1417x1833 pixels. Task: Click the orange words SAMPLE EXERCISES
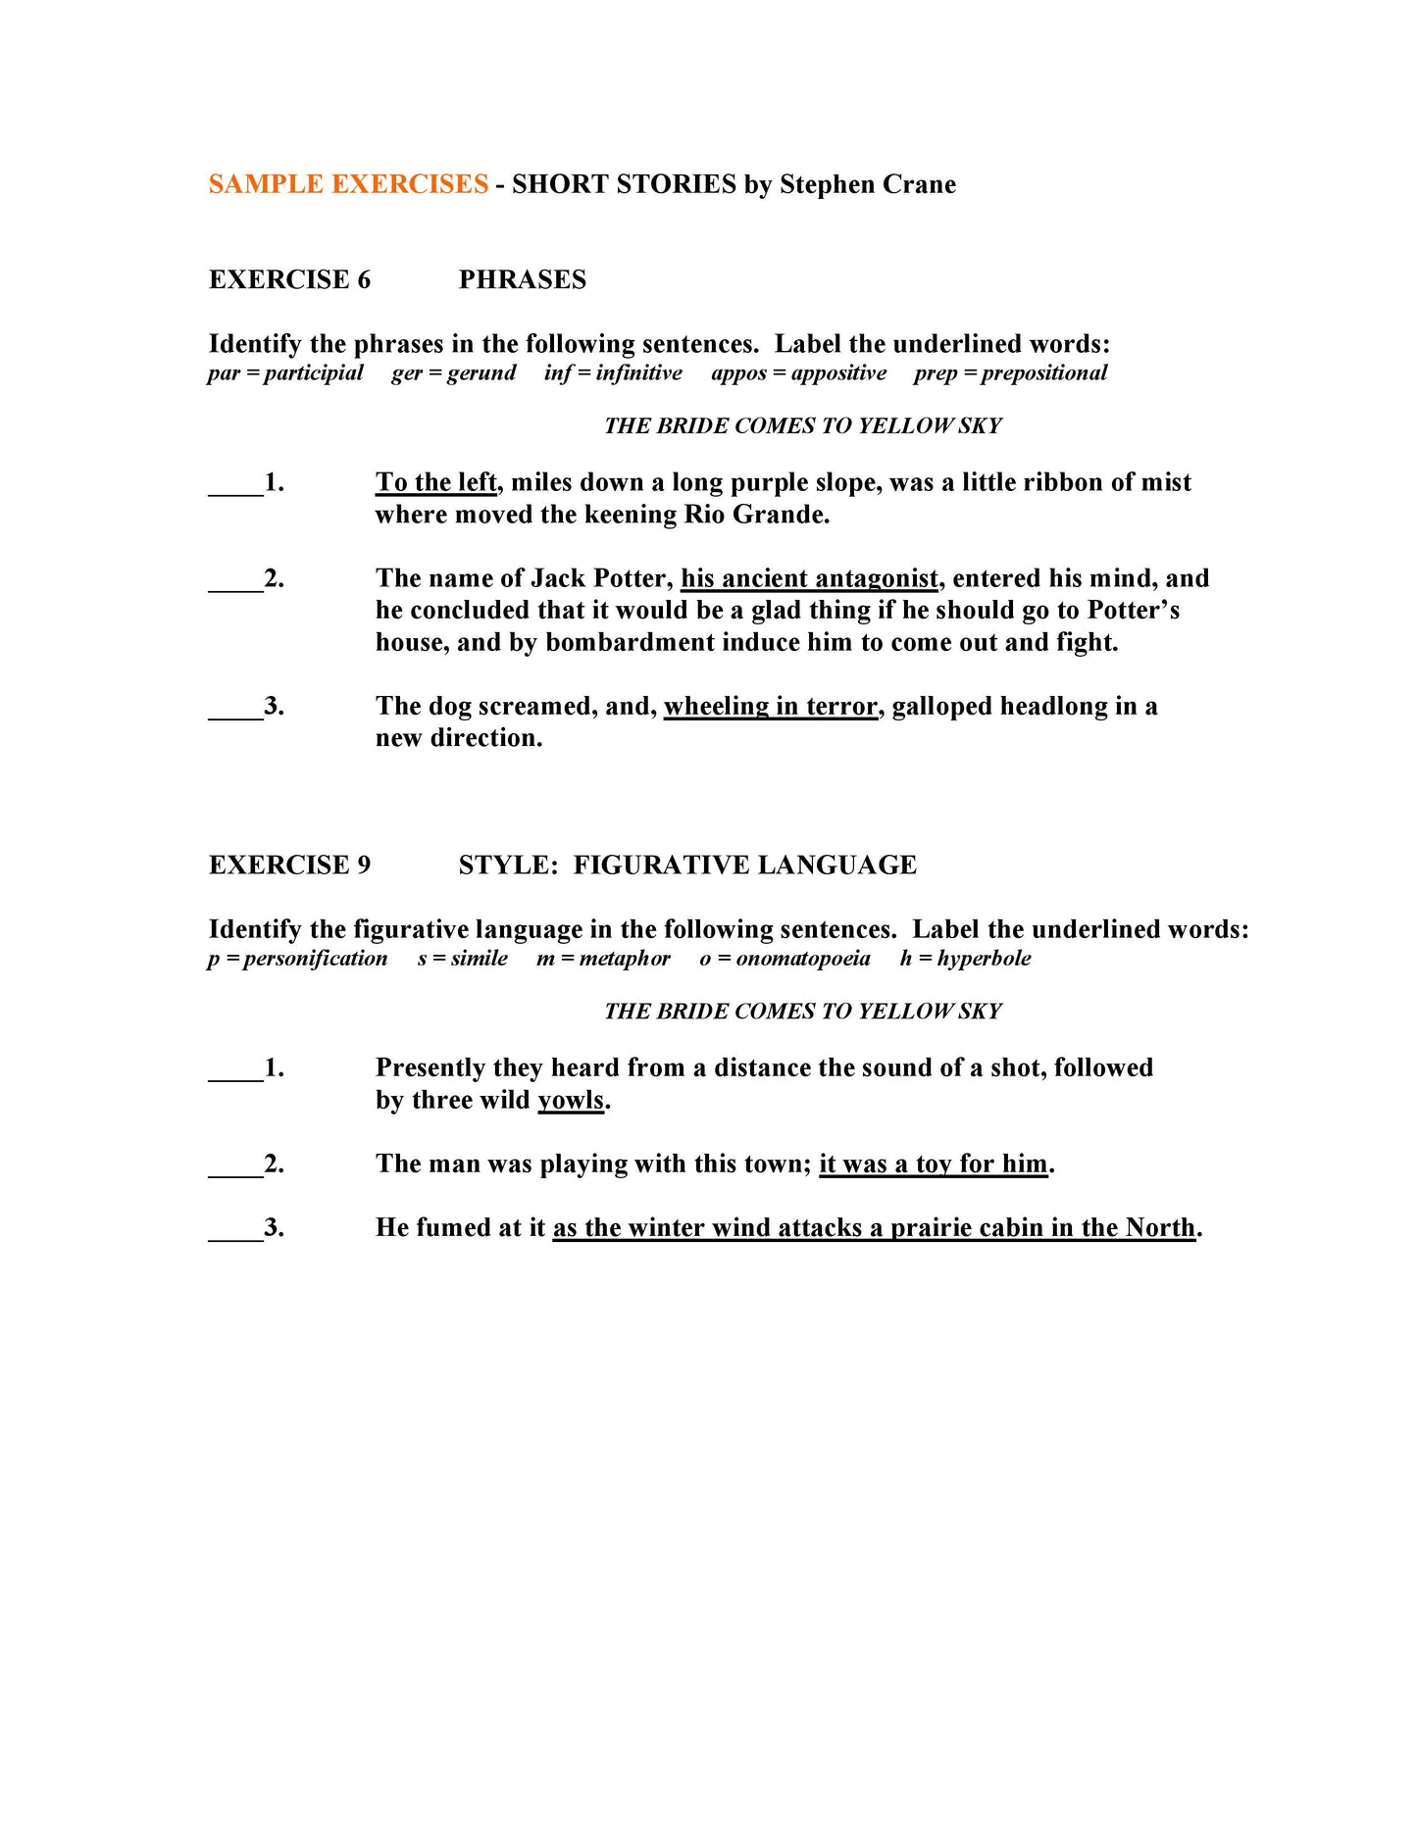[x=348, y=184]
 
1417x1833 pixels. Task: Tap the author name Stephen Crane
[x=867, y=184]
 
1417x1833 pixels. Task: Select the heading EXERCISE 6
[x=289, y=279]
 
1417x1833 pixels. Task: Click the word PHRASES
[x=522, y=279]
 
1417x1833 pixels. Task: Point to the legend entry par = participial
[x=285, y=372]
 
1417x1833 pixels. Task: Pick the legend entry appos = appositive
[x=798, y=372]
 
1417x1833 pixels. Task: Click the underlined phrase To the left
[x=436, y=482]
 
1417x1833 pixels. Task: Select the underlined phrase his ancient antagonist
[x=809, y=578]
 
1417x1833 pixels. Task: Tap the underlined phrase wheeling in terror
[x=770, y=706]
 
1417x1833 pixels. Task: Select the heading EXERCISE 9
[x=289, y=865]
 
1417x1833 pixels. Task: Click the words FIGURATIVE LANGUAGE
[x=744, y=865]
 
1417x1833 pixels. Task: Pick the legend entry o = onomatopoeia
[x=784, y=958]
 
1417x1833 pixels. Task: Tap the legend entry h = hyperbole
[x=965, y=958]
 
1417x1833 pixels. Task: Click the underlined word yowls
[x=571, y=1100]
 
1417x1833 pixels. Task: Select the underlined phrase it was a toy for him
[x=934, y=1164]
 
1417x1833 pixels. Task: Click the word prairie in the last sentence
[x=928, y=1227]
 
